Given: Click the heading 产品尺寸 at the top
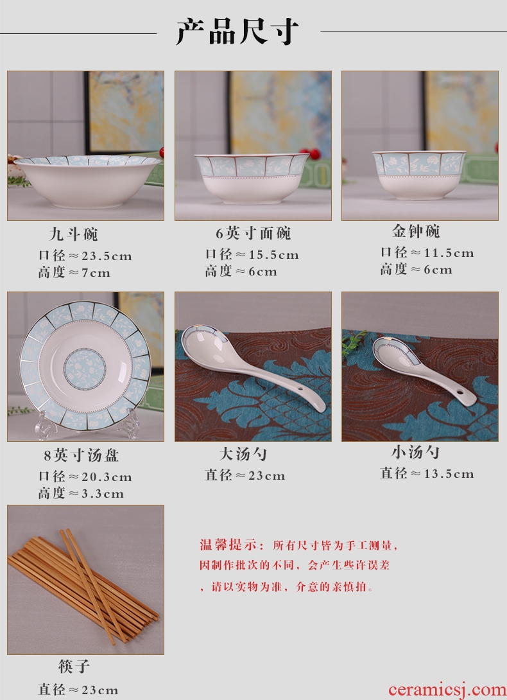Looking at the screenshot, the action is (x=237, y=31).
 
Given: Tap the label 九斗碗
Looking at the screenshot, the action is (x=74, y=234).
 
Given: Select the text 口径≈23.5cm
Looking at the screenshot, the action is (x=85, y=256).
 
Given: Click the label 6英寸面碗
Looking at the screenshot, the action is (x=253, y=233).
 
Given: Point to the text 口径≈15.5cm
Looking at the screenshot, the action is (x=252, y=254).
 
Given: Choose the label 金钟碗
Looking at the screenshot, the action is (x=416, y=231).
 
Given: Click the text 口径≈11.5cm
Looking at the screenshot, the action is (x=427, y=252).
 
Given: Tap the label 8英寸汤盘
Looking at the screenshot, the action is (x=82, y=455).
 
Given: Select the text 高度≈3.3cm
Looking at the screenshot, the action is (x=81, y=493).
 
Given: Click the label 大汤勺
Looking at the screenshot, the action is (x=243, y=454).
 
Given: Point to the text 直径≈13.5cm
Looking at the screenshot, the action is (x=427, y=473).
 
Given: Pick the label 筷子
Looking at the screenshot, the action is (x=74, y=666).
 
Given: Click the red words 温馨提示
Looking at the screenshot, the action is (x=228, y=545).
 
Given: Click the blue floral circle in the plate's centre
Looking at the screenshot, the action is (x=84, y=369).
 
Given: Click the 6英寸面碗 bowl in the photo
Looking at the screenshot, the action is (x=252, y=178).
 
